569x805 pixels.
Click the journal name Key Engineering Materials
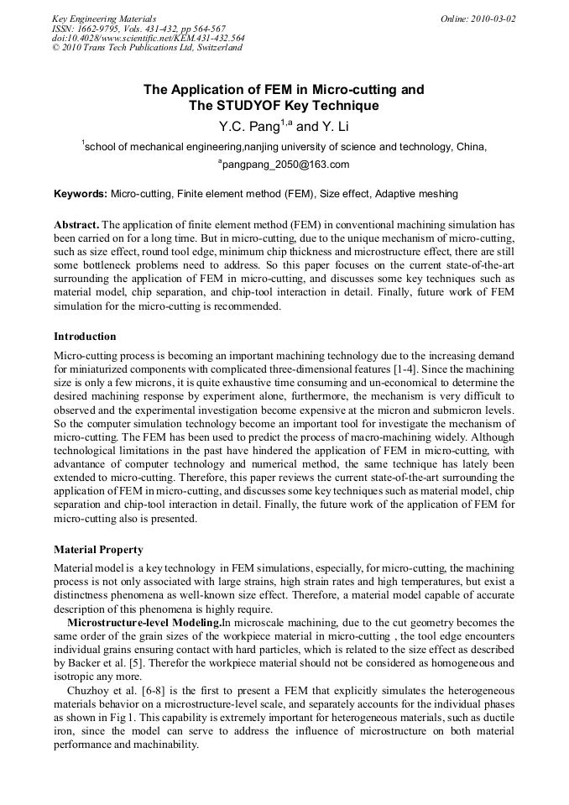(104, 18)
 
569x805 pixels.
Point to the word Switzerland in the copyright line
(218, 48)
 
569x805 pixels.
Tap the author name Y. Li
(337, 127)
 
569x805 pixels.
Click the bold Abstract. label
(76, 226)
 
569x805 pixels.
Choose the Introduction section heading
(85, 337)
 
